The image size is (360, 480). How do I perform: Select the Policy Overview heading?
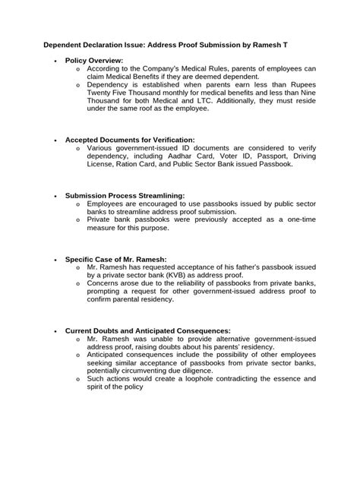click(94, 59)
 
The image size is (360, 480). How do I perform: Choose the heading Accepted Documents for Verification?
click(130, 140)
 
